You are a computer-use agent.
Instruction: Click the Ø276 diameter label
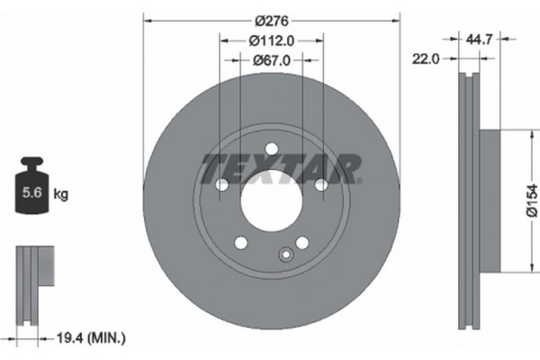coord(271,19)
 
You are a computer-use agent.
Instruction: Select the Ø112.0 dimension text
coord(271,40)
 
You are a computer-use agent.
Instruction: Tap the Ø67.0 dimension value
coord(271,60)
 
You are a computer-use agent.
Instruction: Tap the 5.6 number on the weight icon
coord(29,193)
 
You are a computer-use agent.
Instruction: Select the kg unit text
coord(60,193)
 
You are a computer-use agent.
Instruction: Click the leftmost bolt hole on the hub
coord(221,184)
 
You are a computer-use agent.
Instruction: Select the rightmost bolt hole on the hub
coord(319,184)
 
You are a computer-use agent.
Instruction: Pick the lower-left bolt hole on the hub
coord(240,242)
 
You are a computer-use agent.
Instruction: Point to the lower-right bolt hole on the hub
coord(301,242)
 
